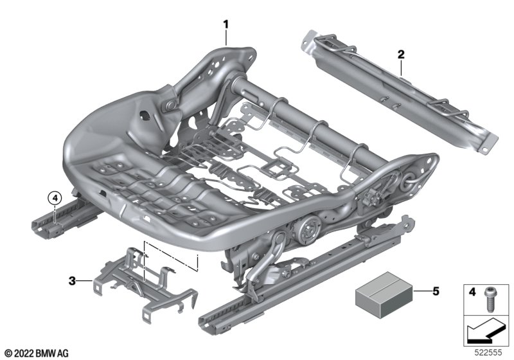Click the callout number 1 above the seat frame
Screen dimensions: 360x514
(x=226, y=24)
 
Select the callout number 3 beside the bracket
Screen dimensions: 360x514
(x=72, y=280)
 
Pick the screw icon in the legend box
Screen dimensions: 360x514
(x=490, y=297)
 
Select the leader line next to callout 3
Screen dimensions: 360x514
(x=86, y=280)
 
